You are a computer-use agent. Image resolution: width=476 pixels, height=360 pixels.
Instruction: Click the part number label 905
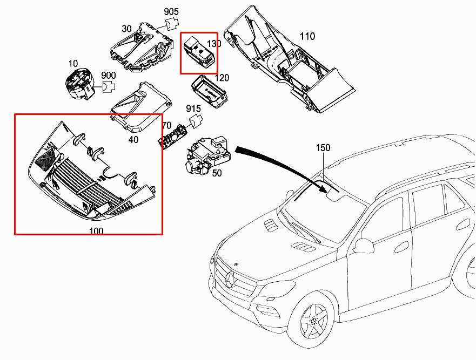coord(171,11)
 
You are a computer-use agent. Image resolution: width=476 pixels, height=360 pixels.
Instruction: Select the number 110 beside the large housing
coord(307,37)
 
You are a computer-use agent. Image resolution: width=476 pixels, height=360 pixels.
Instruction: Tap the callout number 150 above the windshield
coord(323,148)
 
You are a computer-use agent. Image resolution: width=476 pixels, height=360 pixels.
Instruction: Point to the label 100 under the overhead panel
coord(96,231)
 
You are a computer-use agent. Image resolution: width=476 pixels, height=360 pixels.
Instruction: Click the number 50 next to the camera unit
coord(217,173)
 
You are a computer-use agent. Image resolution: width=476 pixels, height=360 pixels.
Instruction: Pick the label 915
coord(193,109)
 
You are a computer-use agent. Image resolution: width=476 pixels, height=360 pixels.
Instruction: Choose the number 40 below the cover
coord(133,140)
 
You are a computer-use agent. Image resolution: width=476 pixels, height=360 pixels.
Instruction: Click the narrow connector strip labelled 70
coord(175,135)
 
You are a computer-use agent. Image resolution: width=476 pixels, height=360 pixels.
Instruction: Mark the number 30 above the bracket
coord(126,29)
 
